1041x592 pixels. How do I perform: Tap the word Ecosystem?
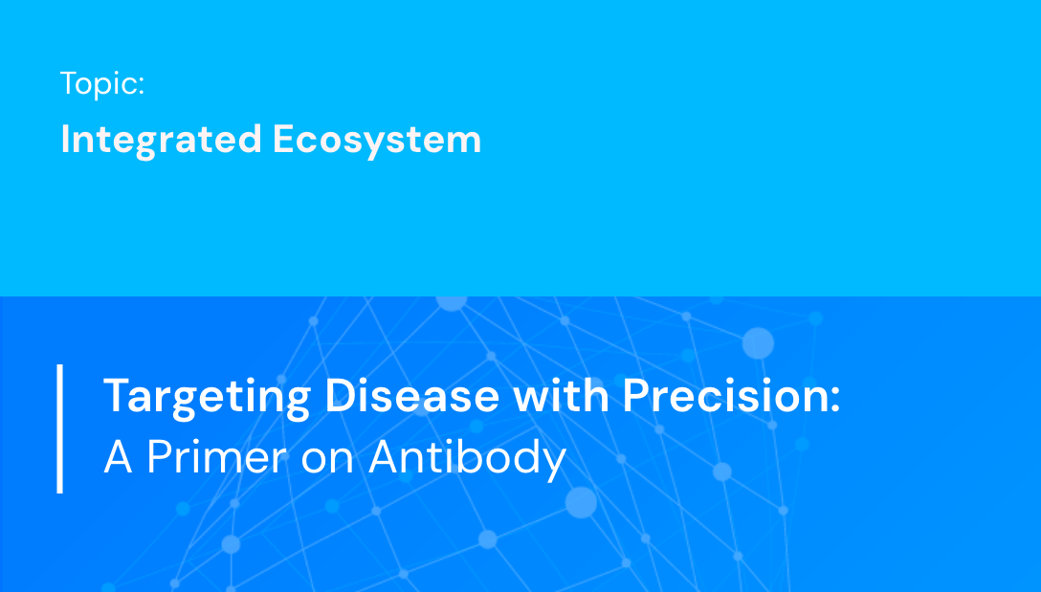377,140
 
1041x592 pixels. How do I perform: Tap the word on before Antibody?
328,460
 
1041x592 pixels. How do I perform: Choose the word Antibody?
468,459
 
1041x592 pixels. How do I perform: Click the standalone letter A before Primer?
118,458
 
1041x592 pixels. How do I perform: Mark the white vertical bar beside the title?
60,428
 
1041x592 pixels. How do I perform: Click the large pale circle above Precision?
758,342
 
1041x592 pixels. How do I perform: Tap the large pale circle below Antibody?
581,501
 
